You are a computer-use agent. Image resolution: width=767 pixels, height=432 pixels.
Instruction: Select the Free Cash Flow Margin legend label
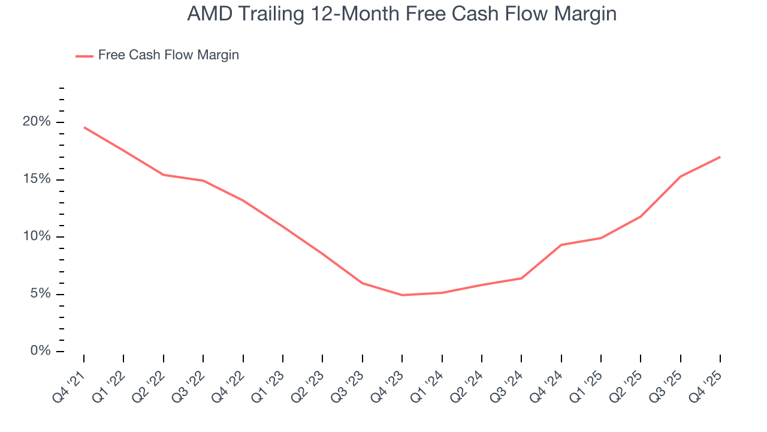point(168,55)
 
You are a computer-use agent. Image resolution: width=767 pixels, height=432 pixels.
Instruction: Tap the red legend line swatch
point(84,56)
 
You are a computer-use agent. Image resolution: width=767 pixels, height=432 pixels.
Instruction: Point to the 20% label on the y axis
point(37,122)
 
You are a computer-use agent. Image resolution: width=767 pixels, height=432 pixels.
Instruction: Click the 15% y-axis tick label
point(37,179)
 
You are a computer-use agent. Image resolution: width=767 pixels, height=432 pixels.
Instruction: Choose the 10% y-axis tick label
point(37,236)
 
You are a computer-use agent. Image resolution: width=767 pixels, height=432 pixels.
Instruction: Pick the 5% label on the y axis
point(40,294)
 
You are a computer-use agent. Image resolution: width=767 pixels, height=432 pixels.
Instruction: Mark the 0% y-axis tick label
point(40,351)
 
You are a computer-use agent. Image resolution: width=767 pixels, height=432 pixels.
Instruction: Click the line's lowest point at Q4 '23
point(402,295)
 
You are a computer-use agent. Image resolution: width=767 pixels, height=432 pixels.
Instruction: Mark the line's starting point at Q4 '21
point(84,127)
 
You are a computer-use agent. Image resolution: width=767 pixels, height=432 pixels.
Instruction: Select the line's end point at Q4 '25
point(720,157)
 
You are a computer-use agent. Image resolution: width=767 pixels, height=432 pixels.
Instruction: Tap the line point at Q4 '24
point(561,245)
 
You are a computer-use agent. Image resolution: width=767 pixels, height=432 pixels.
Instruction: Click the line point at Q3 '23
point(363,283)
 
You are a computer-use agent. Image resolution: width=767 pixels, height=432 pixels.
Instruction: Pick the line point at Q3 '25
point(680,176)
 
